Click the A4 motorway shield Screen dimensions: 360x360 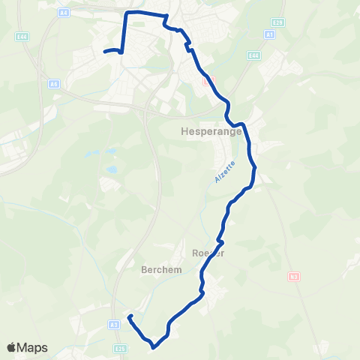64,12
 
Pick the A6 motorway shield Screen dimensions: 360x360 53,84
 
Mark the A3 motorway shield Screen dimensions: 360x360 113,324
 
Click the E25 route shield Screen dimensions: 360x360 119,347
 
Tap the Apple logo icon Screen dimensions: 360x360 12,347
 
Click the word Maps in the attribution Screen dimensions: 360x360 33,347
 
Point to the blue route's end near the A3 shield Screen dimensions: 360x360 130,316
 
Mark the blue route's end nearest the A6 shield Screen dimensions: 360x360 103,51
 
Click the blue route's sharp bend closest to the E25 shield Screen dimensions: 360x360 154,346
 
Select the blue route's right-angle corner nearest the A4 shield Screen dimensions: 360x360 126,13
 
